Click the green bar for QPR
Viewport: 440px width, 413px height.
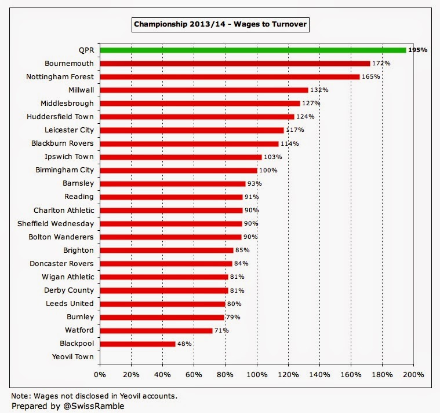pyautogui.click(x=253, y=50)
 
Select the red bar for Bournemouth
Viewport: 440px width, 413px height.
pyautogui.click(x=235, y=63)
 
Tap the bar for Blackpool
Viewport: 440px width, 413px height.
pyautogui.click(x=137, y=344)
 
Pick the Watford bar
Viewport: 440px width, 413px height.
pyautogui.click(x=156, y=330)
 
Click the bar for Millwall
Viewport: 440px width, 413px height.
pyautogui.click(x=203, y=90)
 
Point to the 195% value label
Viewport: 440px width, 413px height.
pyautogui.click(x=417, y=50)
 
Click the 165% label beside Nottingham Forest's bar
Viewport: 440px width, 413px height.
pyautogui.click(x=370, y=77)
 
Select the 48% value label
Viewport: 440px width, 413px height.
pyautogui.click(x=184, y=344)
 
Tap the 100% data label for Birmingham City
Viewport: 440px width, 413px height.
pyautogui.click(x=268, y=171)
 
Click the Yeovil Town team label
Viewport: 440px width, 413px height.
pyautogui.click(x=72, y=357)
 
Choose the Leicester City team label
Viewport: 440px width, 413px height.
pyautogui.click(x=69, y=130)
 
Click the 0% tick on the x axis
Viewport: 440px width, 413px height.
pyautogui.click(x=100, y=374)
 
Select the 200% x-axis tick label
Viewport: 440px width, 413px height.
pyautogui.click(x=413, y=374)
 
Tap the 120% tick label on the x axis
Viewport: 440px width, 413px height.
pyautogui.click(x=288, y=374)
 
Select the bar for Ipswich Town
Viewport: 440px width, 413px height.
pyautogui.click(x=181, y=157)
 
